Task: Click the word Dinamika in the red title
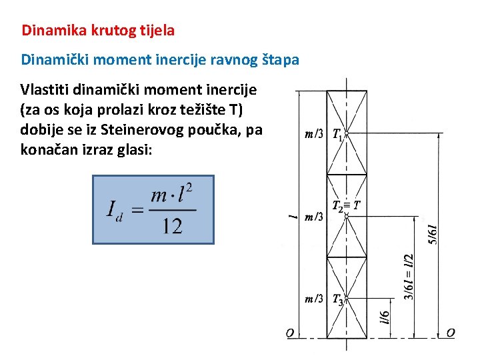pos(48,30)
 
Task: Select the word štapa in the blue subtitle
pos(281,59)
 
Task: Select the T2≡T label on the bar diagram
pos(347,205)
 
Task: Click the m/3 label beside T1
pos(314,134)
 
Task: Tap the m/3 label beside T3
pos(314,299)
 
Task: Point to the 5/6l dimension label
pos(432,233)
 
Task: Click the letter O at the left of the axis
pos(290,333)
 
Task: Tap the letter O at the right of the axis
pos(451,332)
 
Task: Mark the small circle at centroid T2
pos(346,216)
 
